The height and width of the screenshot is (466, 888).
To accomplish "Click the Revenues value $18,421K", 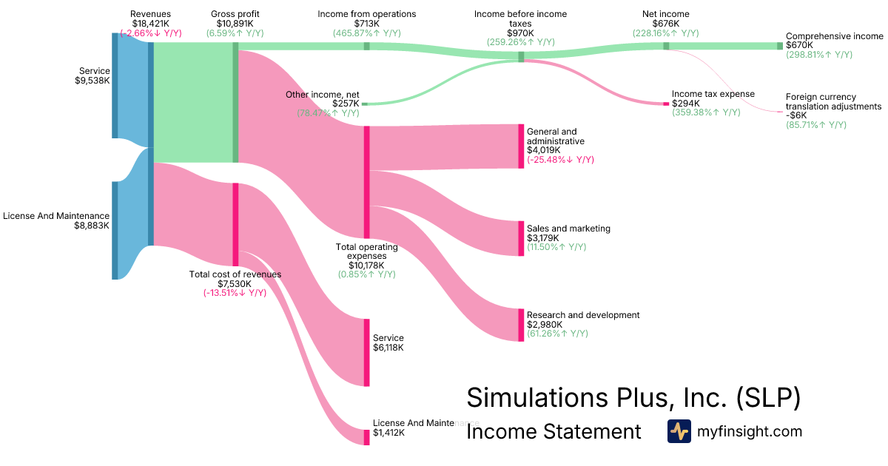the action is point(150,23).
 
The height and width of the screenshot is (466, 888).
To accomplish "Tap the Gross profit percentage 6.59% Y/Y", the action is point(235,33).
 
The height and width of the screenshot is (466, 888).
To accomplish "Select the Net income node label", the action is point(666,14).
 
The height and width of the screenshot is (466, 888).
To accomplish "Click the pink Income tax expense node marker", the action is point(665,104).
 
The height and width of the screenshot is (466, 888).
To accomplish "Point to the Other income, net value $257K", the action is point(346,104).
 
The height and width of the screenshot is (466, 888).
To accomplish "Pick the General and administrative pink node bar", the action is point(521,146).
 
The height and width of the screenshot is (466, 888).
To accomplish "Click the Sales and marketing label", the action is point(568,229).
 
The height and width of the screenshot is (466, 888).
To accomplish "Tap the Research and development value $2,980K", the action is point(545,325).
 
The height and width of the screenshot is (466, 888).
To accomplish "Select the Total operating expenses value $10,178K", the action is point(367,265).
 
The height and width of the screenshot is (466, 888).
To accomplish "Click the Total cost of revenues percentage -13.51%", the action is point(235,293).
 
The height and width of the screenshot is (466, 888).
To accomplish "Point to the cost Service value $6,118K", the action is point(388,348).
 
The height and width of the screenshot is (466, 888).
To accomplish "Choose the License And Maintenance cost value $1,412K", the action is point(388,433).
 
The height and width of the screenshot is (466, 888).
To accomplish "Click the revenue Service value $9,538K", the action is point(92,81).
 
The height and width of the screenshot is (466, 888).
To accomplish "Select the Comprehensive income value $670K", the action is point(799,45).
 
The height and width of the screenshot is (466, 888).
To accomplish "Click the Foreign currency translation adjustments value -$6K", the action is point(796,115).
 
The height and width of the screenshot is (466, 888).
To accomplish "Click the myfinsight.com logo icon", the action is point(679,431).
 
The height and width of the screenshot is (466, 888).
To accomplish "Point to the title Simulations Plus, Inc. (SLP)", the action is point(633,398).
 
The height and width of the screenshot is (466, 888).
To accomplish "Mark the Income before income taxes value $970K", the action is point(520,33).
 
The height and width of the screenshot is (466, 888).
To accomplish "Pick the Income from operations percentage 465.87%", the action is point(366,33).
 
